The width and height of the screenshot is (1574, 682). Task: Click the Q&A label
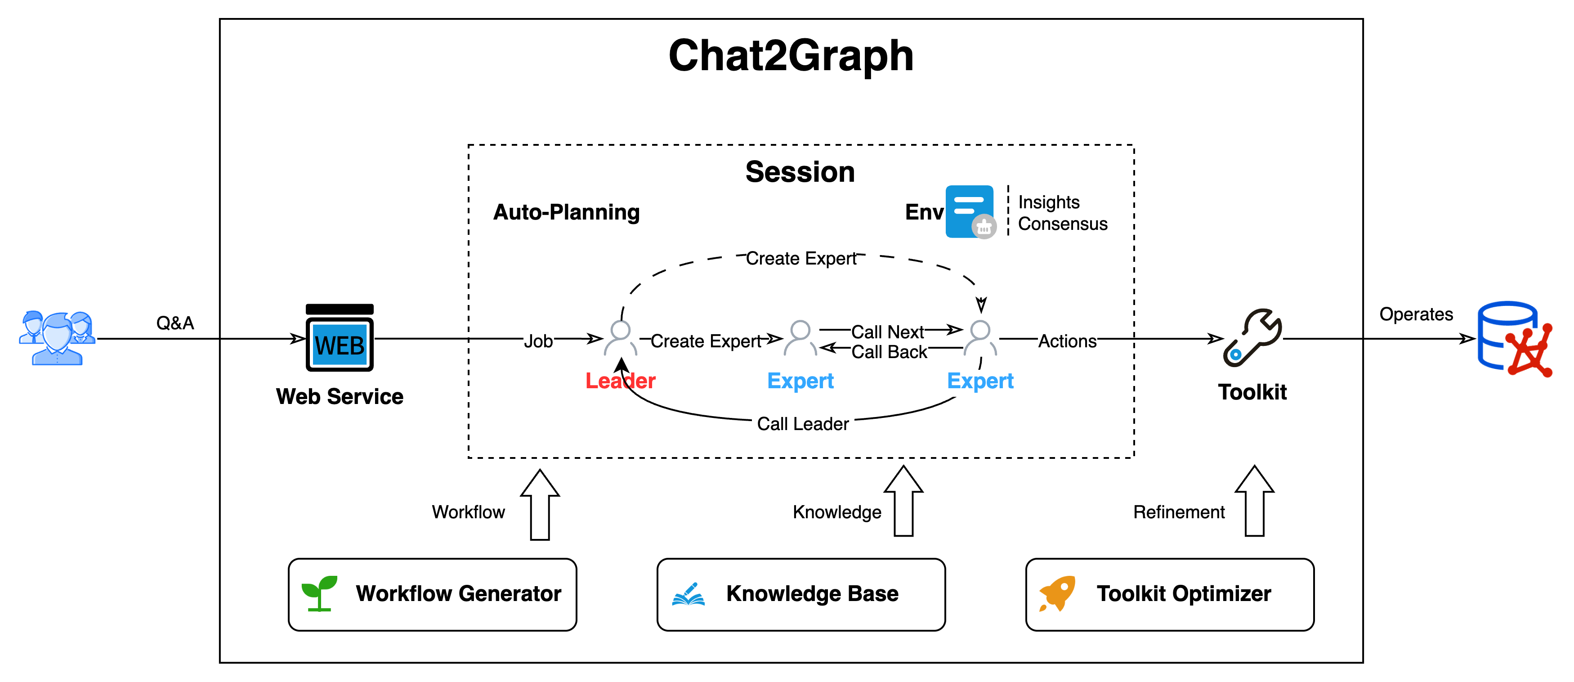(x=175, y=322)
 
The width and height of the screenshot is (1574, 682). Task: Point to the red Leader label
(x=620, y=381)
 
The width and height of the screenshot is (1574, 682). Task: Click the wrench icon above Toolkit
(x=1252, y=338)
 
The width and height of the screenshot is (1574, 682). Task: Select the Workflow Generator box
(x=432, y=594)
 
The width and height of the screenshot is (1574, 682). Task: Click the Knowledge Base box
(x=800, y=594)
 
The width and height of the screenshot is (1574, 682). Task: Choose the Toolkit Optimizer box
(x=1170, y=594)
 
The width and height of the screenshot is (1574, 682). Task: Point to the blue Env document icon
(x=970, y=211)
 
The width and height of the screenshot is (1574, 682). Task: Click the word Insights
(x=1049, y=202)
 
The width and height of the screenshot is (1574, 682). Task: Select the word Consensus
(x=1063, y=224)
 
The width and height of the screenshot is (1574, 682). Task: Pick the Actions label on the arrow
(x=1068, y=341)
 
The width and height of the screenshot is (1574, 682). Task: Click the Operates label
(x=1416, y=314)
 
